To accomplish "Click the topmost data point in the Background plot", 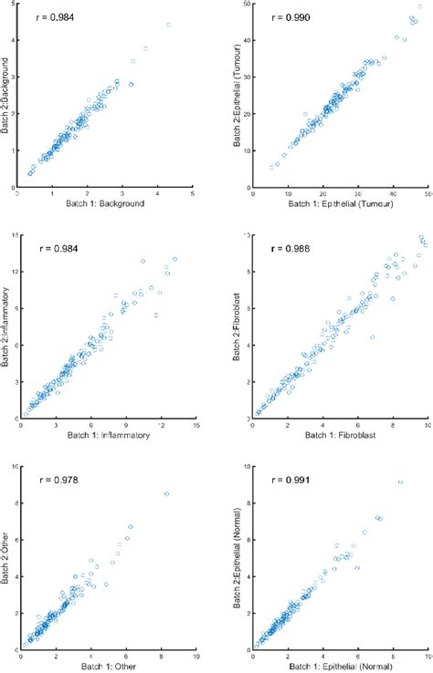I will [x=170, y=25].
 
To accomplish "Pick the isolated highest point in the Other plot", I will [x=166, y=494].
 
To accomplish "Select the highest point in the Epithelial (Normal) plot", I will [x=400, y=481].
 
